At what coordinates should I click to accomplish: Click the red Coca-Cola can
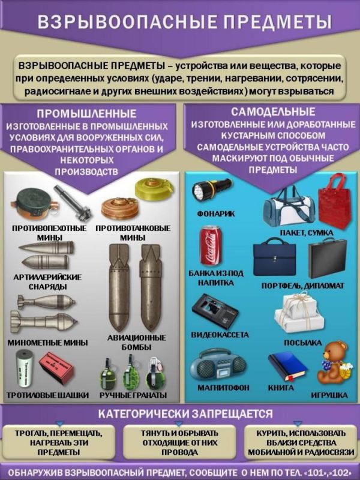[211, 245]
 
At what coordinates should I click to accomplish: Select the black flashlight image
[212, 189]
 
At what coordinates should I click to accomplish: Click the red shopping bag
[334, 200]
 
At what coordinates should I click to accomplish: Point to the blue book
[287, 367]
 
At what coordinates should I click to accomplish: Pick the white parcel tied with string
[299, 313]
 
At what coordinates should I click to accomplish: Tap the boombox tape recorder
[218, 365]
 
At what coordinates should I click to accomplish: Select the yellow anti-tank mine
[155, 188]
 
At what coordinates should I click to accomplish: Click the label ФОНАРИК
[216, 214]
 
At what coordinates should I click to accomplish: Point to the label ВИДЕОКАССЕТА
[220, 335]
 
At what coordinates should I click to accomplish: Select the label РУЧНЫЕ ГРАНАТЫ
[133, 395]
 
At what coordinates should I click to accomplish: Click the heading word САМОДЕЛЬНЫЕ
[273, 112]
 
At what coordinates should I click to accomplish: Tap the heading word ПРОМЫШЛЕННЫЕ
[86, 114]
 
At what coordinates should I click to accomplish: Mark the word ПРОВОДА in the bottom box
[179, 452]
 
